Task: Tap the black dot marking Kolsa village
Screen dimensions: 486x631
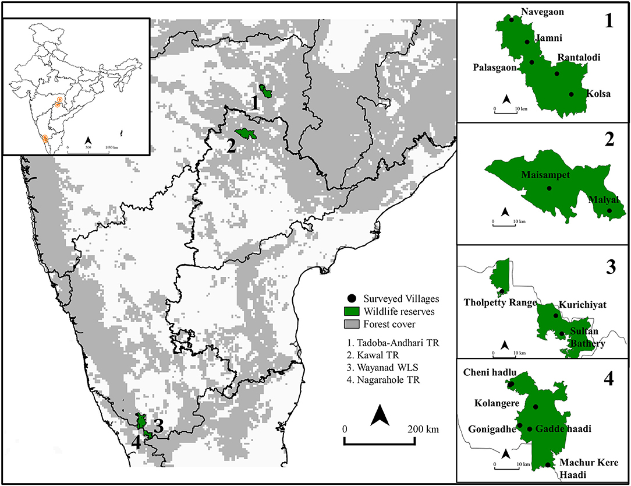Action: [x=571, y=94]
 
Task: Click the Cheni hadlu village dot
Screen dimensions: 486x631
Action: [x=511, y=385]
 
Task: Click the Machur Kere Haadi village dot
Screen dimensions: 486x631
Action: [x=548, y=464]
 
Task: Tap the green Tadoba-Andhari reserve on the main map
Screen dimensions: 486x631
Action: [x=267, y=91]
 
